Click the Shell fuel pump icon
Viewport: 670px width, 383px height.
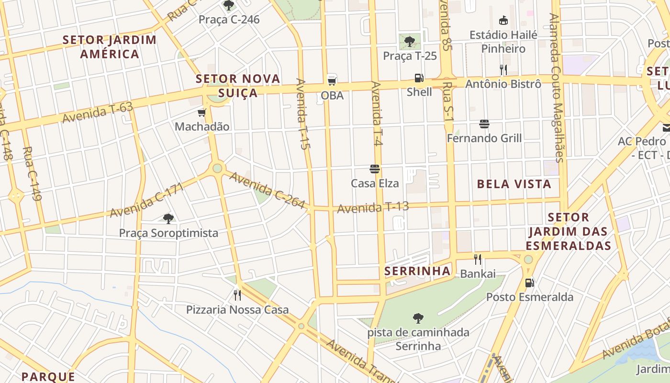click(x=419, y=78)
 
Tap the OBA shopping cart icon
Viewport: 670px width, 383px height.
click(x=332, y=81)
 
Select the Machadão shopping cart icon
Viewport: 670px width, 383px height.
click(x=201, y=113)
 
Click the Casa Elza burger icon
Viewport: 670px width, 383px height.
click(x=375, y=169)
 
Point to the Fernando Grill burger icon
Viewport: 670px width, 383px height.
click(x=484, y=124)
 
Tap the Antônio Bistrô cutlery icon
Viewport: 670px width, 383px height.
click(x=503, y=69)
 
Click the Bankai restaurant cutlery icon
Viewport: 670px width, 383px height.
click(x=477, y=259)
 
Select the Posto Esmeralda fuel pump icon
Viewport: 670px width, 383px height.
click(x=529, y=282)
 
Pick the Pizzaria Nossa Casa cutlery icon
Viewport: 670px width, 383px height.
click(x=237, y=295)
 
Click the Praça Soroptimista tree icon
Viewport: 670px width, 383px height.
click(x=168, y=219)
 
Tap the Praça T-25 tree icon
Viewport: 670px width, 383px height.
click(x=410, y=42)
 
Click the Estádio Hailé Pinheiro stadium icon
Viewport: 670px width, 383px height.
click(x=503, y=21)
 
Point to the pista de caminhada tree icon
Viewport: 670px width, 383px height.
click(x=418, y=318)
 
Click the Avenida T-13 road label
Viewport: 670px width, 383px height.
click(x=373, y=208)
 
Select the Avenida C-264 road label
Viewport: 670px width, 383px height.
click(x=267, y=190)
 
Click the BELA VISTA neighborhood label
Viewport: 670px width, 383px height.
click(x=514, y=184)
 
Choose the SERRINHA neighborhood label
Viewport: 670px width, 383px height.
click(x=417, y=271)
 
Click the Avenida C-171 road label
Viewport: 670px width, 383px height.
click(x=146, y=200)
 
